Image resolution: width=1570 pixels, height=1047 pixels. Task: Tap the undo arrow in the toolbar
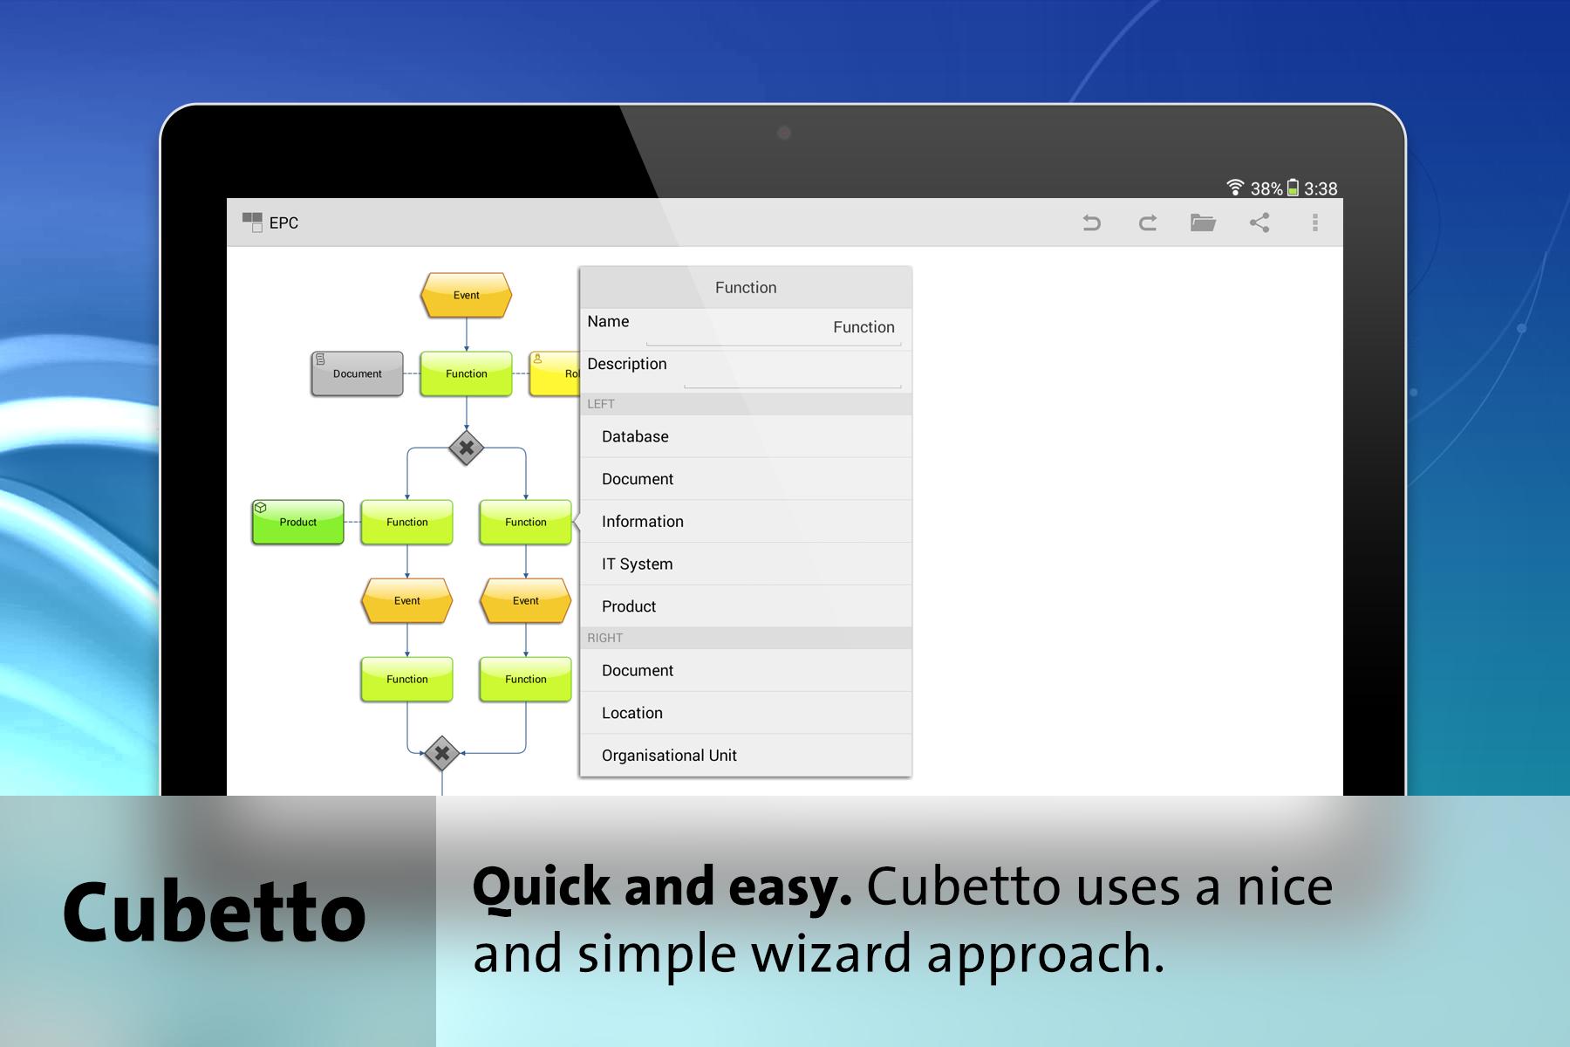1091,223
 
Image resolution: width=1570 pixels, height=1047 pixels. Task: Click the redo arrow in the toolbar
1148,223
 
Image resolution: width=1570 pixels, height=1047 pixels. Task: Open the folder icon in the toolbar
1203,222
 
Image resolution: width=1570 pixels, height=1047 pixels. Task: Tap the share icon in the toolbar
1259,222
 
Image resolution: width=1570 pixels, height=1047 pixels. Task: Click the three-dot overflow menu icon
1315,222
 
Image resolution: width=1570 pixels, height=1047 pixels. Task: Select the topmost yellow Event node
466,295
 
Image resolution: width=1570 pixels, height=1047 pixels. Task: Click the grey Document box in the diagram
358,373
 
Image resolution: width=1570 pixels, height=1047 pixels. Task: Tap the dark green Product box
298,522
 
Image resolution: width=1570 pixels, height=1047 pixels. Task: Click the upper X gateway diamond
467,448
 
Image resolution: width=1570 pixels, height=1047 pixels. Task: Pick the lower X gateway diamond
442,753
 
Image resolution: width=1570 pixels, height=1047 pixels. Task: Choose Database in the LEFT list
635,436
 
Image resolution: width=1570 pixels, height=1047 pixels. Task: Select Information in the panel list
643,521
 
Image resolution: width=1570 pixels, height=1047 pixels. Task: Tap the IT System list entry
638,564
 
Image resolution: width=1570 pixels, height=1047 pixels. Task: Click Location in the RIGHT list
632,713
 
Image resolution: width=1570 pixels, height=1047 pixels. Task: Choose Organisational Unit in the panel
669,756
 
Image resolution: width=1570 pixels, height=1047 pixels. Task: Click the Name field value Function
863,327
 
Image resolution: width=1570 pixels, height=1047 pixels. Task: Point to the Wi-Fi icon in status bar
1234,187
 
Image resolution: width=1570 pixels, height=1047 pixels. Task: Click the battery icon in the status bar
1293,188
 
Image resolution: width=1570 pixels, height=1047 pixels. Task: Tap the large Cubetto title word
215,912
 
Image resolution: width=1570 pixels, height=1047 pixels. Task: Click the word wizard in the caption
832,953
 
